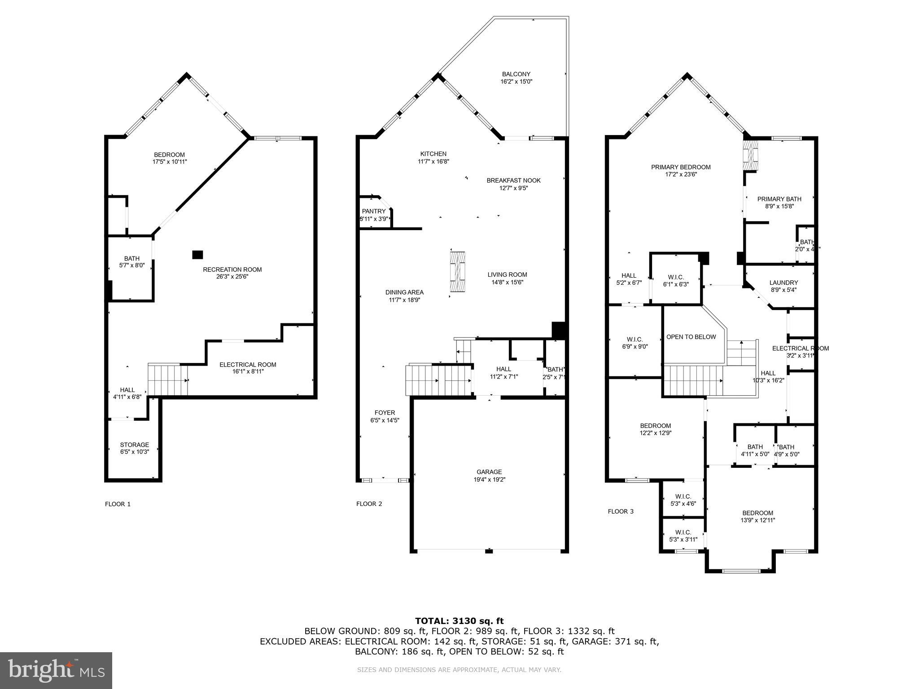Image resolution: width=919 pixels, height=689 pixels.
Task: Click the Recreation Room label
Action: pos(232,270)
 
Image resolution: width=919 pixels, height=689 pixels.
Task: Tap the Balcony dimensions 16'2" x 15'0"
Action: pos(516,82)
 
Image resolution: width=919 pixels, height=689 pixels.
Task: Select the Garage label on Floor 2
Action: pos(489,472)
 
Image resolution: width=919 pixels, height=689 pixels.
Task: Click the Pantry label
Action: pos(374,211)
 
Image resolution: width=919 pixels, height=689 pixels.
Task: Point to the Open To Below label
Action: pos(691,337)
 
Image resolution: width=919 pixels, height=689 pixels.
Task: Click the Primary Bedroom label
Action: pos(681,167)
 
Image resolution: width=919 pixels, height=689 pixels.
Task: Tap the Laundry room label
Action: pos(783,283)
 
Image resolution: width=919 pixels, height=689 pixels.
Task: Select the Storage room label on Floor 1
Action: pos(134,445)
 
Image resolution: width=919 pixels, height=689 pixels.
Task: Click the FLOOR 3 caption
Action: pos(621,511)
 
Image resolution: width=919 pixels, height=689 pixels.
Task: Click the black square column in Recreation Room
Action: pos(197,255)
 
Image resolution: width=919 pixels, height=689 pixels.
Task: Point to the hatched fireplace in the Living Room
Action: pos(458,272)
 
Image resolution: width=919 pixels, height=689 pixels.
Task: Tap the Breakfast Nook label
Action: pos(513,180)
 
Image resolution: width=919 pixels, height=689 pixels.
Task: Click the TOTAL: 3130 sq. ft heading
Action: pos(459,621)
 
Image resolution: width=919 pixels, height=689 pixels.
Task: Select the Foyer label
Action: pos(385,413)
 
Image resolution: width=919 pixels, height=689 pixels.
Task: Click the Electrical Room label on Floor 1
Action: pos(248,365)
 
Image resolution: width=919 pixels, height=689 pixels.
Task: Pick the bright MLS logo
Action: pos(56,670)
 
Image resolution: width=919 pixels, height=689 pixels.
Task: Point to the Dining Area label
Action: pos(404,292)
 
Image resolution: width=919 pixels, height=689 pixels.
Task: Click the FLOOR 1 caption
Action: pos(118,504)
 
